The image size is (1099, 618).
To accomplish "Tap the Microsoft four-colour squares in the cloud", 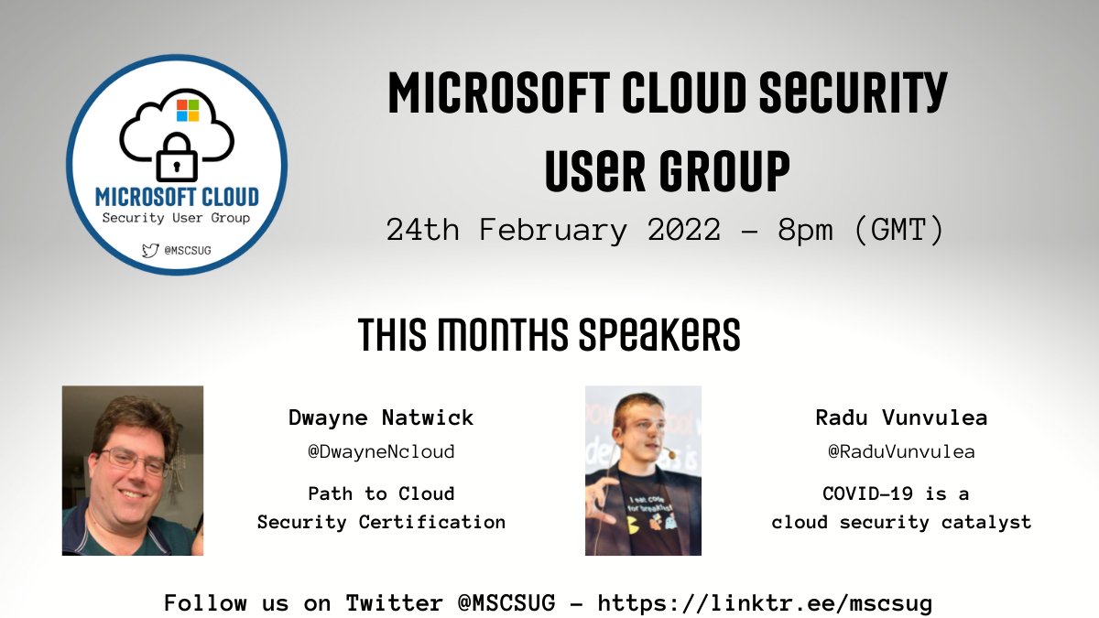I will point(188,111).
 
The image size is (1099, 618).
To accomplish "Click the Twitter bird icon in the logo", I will point(148,248).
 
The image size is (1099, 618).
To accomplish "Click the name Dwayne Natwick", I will point(381,418).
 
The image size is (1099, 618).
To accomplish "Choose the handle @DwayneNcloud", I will point(381,451).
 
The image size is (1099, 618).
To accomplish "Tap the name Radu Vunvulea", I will point(901,418).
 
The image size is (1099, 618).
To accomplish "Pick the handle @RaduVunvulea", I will point(901,451).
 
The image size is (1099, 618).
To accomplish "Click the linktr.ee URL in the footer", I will point(765,602).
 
